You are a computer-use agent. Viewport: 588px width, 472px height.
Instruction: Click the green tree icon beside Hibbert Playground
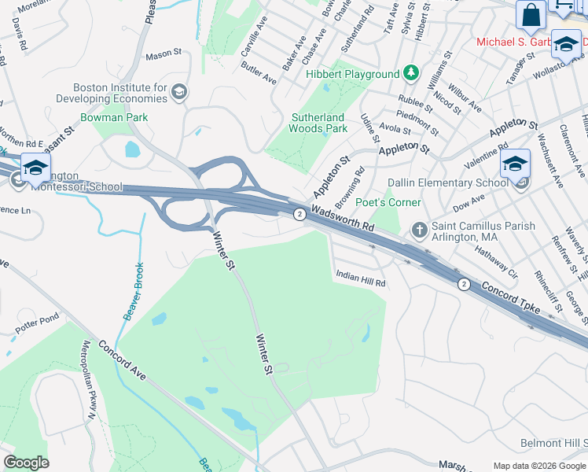tap(410, 73)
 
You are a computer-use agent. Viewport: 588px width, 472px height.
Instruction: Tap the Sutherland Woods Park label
tap(318, 123)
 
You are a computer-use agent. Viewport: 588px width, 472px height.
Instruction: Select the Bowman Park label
tap(114, 117)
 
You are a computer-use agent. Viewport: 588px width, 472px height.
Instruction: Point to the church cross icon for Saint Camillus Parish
tap(420, 230)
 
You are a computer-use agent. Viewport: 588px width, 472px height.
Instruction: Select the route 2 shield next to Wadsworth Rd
tap(299, 214)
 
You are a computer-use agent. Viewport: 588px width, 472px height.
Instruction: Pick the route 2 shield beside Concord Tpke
tap(464, 284)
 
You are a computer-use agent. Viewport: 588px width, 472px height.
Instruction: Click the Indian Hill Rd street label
tap(361, 278)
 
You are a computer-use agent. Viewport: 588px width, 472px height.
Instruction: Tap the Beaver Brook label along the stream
tap(134, 291)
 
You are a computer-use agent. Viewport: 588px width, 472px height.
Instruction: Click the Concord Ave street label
tap(121, 361)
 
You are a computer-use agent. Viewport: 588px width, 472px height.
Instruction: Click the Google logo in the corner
tap(26, 463)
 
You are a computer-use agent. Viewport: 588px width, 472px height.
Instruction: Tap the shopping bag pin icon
tap(531, 15)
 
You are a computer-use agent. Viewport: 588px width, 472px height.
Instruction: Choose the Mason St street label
tap(164, 54)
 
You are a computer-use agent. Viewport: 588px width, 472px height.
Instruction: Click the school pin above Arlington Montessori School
tap(35, 168)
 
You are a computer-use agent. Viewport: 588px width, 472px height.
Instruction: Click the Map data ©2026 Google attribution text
tap(539, 465)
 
